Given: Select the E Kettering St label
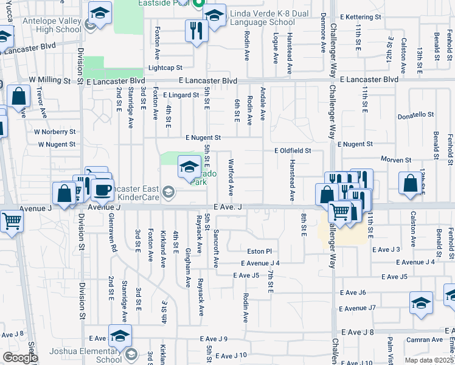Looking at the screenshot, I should (358, 16).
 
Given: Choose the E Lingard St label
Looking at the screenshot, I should (181, 95).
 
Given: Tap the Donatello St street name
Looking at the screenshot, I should (415, 114).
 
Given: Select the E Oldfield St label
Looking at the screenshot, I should (293, 150).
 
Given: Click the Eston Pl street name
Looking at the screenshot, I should (259, 251).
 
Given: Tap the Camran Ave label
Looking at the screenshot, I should (408, 339).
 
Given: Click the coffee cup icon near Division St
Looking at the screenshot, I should (102, 190).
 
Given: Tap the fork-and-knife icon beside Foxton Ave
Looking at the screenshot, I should (196, 31).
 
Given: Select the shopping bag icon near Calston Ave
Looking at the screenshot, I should (410, 184).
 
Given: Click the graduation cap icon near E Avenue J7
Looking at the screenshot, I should (421, 304).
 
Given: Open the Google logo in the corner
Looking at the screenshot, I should (20, 358).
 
